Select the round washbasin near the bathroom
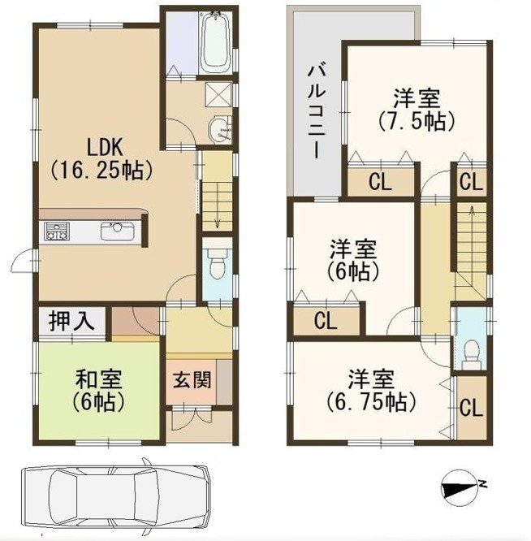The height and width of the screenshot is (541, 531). [218, 130]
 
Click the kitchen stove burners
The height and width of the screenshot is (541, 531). [56, 231]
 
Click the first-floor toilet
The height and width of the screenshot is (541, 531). [216, 264]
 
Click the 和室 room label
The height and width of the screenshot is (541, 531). [99, 379]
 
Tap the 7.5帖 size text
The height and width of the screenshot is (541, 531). [417, 122]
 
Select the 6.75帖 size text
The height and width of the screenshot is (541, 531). [372, 401]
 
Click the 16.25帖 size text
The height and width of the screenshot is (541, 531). [104, 171]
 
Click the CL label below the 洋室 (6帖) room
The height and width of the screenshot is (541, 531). [326, 321]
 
